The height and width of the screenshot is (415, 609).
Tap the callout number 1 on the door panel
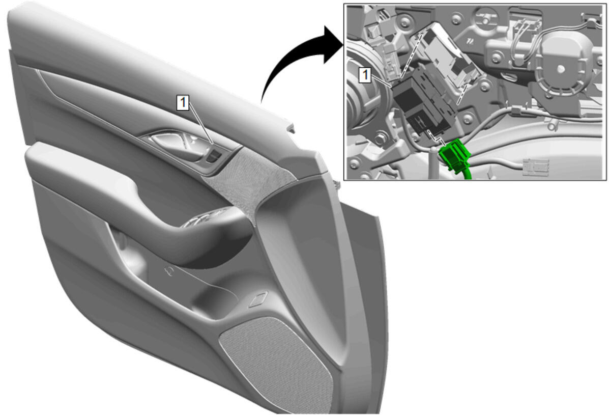point(183,102)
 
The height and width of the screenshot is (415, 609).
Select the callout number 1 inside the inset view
point(365,75)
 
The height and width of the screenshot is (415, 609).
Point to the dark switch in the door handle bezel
point(214,156)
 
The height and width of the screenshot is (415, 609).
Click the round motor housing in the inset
point(562,68)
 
